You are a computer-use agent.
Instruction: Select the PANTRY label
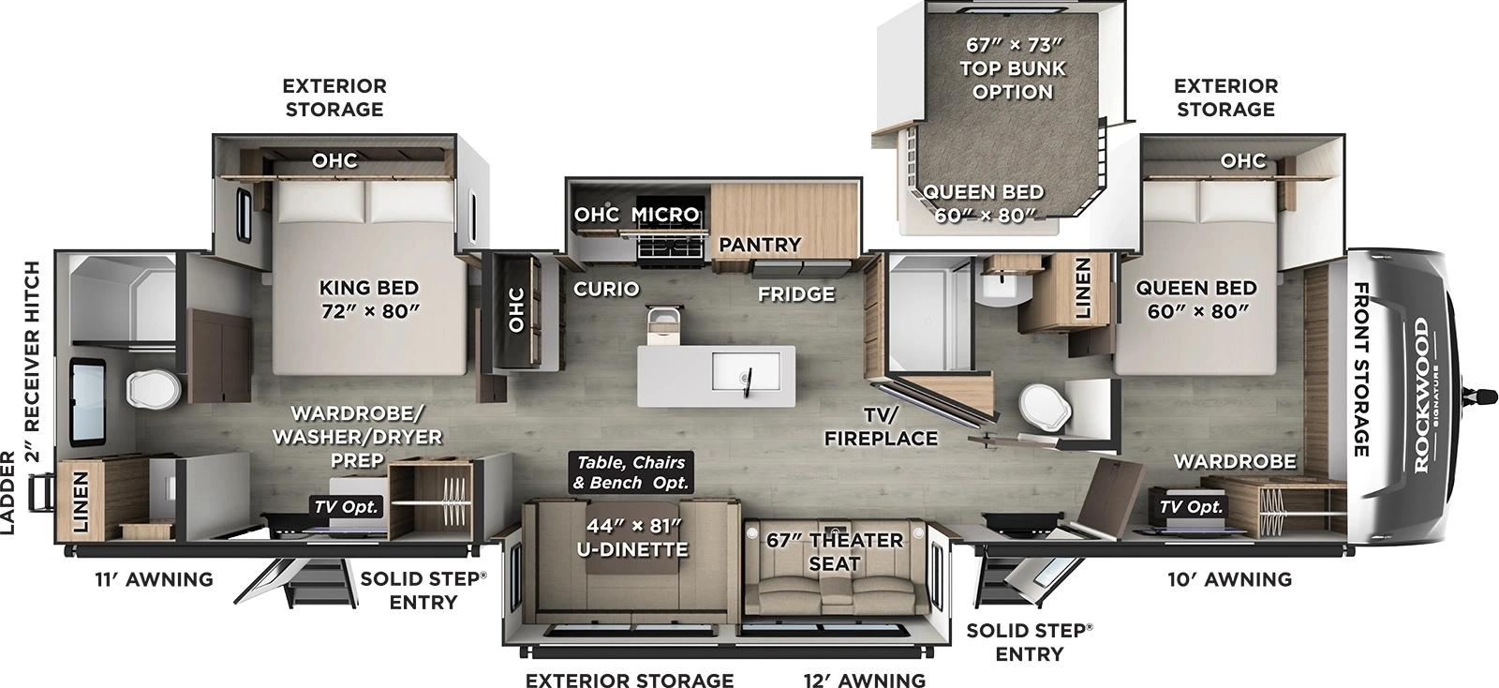[x=760, y=245]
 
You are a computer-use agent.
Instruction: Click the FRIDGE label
[x=796, y=294]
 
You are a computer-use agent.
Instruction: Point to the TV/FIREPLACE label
[x=881, y=426]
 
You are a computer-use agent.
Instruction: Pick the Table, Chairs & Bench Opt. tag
[x=631, y=472]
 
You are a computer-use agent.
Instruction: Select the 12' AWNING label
[x=864, y=680]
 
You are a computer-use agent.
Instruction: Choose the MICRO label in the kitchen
[x=665, y=215]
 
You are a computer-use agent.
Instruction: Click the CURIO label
[x=606, y=289]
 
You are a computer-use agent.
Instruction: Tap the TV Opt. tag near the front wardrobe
[x=1191, y=506]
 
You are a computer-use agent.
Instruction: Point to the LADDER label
[x=9, y=492]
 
